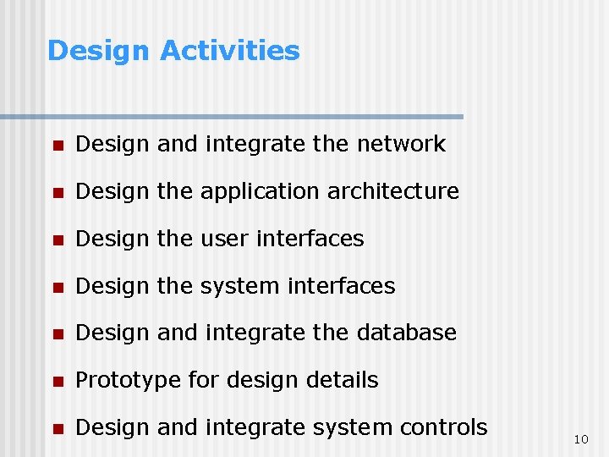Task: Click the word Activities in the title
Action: (x=229, y=51)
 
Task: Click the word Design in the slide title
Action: (x=99, y=51)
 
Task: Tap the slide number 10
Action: (x=580, y=439)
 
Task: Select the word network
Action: (x=401, y=144)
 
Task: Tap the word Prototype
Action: (x=128, y=381)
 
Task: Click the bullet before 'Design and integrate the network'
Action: (x=57, y=146)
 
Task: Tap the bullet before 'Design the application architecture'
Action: (x=57, y=193)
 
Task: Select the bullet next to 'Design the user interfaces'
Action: (x=57, y=240)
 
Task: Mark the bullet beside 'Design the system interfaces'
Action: (x=57, y=288)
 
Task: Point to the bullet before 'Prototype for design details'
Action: (x=57, y=382)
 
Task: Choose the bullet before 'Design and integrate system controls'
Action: (x=57, y=429)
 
